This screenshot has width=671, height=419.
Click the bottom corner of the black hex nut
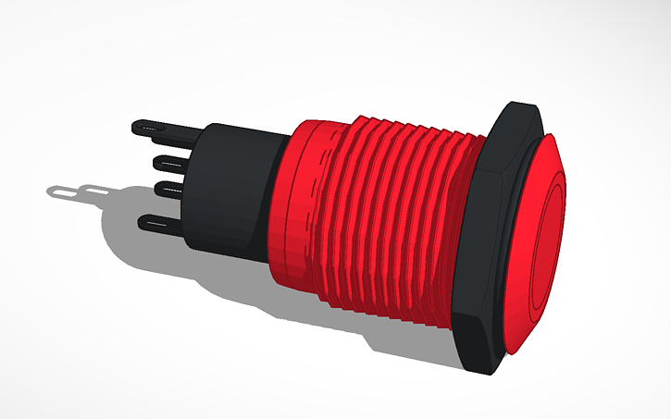click(480, 367)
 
